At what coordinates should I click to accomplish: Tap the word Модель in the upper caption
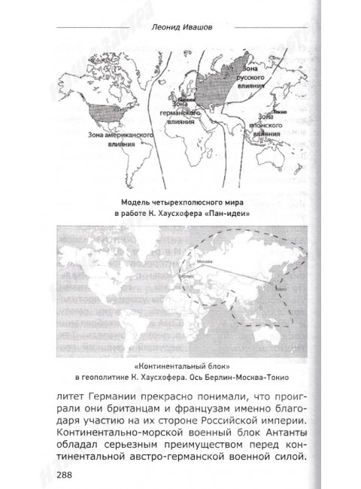pyautogui.click(x=138, y=202)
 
